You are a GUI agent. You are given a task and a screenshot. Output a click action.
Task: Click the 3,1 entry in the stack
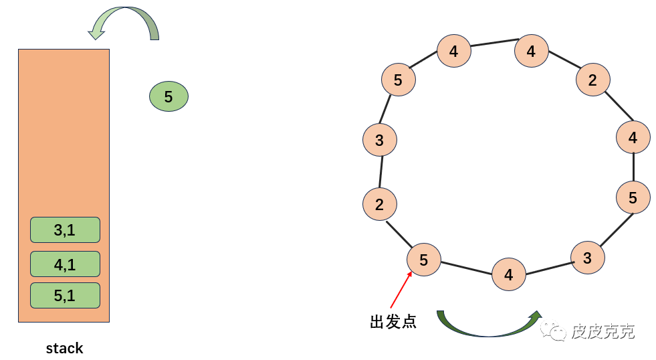(x=65, y=230)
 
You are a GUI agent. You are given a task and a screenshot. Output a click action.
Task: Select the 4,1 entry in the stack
(x=65, y=264)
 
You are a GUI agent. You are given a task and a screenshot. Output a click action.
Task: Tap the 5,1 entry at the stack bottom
(x=65, y=295)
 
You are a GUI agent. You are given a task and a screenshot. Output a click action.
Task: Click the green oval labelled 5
(x=169, y=97)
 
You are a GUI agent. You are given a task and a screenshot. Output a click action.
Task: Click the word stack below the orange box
(x=64, y=348)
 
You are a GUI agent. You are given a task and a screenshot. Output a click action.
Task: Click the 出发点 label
(x=393, y=322)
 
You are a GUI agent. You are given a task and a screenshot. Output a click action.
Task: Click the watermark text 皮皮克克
(x=603, y=331)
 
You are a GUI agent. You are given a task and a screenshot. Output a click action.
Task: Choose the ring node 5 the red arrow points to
(x=424, y=259)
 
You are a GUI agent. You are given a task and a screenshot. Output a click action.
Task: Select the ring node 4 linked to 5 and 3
(x=509, y=274)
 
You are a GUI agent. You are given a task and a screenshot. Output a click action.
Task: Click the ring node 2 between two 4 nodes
(x=592, y=80)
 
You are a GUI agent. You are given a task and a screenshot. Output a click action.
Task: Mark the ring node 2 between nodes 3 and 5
(x=379, y=204)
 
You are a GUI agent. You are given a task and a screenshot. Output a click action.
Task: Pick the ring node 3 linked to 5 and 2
(x=379, y=141)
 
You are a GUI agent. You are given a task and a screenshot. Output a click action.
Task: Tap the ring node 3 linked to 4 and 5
(x=587, y=258)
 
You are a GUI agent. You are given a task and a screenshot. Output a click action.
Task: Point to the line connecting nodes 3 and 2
(x=380, y=172)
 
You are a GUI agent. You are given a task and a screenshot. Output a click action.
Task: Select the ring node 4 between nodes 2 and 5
(x=633, y=138)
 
